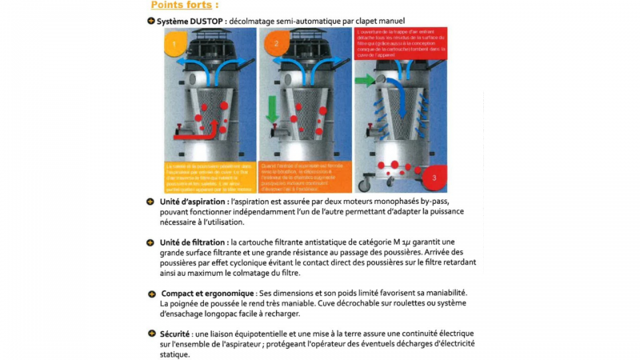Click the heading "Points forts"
[x=173, y=6]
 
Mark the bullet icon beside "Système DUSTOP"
[x=150, y=20]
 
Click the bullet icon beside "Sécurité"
[x=150, y=333]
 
